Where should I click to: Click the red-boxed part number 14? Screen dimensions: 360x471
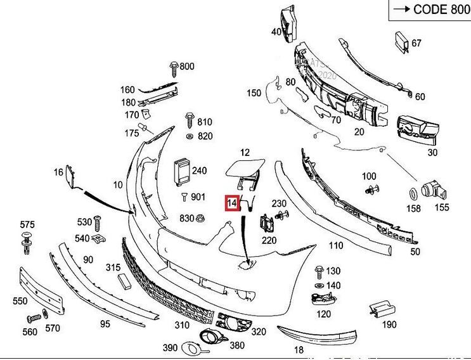pos(232,203)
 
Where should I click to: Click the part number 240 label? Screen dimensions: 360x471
pos(199,170)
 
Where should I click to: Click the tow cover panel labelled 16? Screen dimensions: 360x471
pos(74,176)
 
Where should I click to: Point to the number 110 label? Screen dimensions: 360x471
pos(335,245)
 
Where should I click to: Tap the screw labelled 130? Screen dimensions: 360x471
pos(319,272)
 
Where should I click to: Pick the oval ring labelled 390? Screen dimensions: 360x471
pos(190,347)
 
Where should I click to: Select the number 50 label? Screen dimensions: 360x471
pos(415,252)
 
